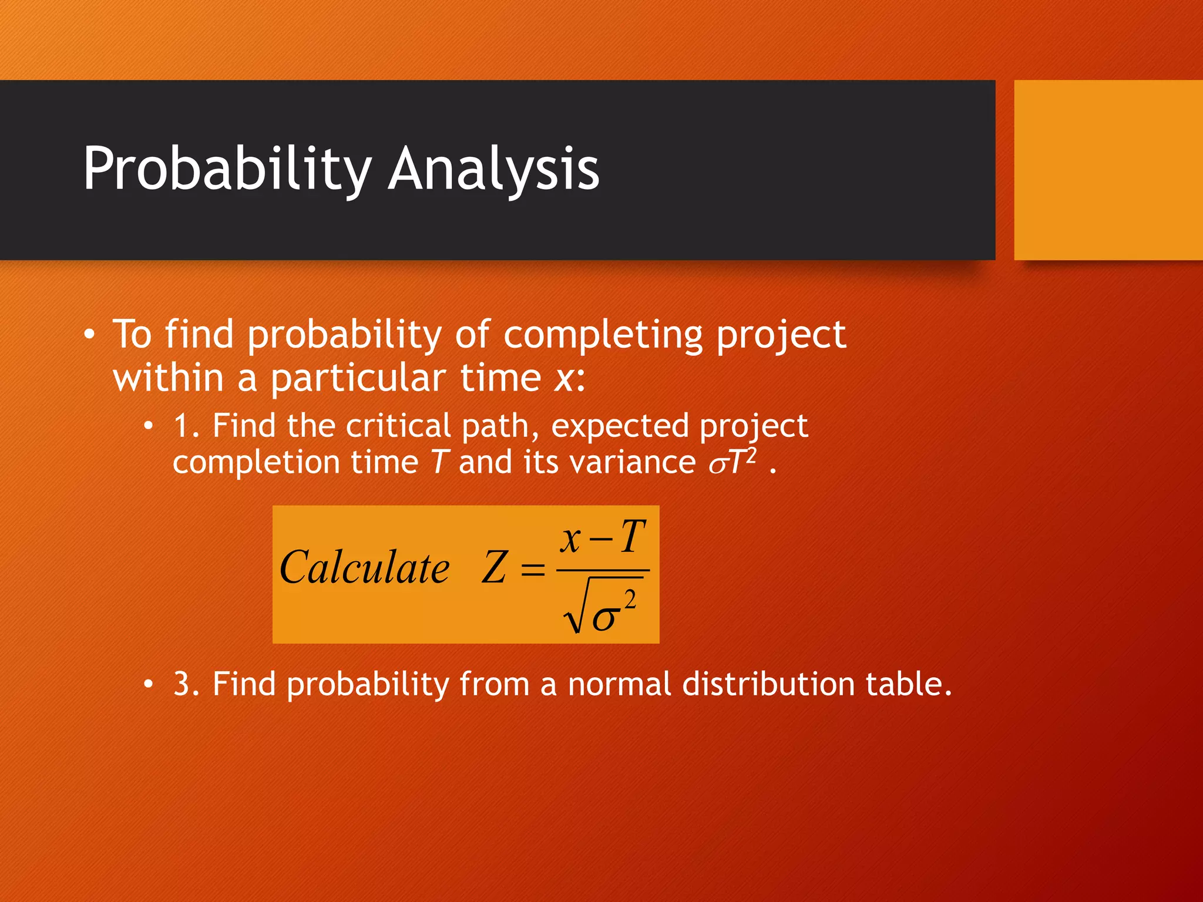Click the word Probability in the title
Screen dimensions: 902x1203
point(226,169)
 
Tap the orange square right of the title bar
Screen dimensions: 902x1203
point(1108,170)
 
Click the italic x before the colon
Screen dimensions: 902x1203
point(563,379)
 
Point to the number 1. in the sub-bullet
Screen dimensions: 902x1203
point(186,426)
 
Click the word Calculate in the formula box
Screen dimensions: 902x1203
point(364,568)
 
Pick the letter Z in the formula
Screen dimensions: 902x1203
point(493,568)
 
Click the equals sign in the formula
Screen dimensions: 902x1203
point(533,569)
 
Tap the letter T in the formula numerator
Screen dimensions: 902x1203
point(633,537)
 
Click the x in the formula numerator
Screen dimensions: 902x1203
point(570,539)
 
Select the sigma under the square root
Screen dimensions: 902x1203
point(605,618)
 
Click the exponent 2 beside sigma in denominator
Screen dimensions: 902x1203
point(630,600)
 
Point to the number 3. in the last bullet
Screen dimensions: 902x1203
point(186,684)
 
